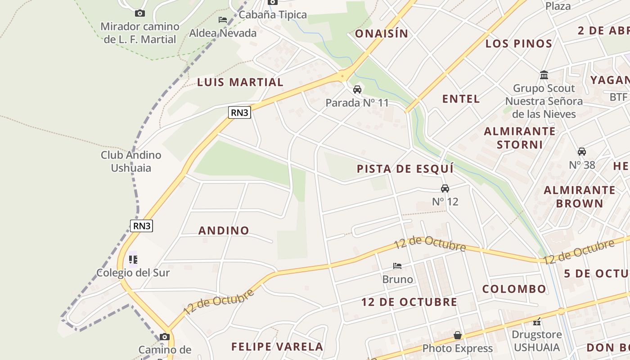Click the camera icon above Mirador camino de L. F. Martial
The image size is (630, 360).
point(140,13)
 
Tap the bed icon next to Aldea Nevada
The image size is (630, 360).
point(222,20)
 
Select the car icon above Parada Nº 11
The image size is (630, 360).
point(357,90)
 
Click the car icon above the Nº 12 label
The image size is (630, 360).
point(445,188)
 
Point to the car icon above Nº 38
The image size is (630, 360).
point(582,152)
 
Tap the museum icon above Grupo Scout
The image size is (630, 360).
point(544,75)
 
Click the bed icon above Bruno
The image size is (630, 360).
point(397,266)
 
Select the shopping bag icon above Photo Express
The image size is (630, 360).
point(458,335)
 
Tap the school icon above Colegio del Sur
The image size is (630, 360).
point(133,260)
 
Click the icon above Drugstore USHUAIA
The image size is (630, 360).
point(536,321)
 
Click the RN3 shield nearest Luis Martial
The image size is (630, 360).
point(239,112)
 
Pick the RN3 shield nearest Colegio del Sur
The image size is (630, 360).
point(142,225)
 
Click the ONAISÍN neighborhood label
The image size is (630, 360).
point(382,34)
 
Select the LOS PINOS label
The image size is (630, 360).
point(519,44)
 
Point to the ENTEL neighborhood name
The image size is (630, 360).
point(461,99)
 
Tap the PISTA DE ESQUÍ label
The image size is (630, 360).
point(405,169)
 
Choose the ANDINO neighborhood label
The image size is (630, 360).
point(224,230)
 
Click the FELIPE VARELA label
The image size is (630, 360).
point(277,346)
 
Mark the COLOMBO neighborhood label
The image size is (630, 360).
point(514,289)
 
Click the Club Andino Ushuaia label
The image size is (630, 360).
point(131,162)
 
